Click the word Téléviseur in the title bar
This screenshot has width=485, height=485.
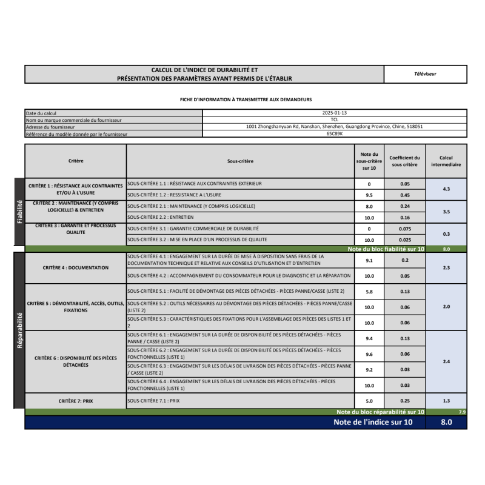coord(425,74)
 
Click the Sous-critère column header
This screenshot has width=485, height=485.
coord(240,161)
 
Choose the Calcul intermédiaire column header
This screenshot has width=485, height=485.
coord(446,161)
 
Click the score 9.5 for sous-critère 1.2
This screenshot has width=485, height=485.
coord(369,195)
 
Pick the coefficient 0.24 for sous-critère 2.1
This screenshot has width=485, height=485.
coord(405,206)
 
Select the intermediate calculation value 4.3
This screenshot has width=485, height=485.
coord(446,189)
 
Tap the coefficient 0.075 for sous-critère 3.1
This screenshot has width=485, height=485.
coord(405,229)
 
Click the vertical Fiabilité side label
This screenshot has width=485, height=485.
coord(19,212)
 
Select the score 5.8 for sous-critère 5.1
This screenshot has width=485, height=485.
coord(369,292)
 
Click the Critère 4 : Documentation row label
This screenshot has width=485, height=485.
coord(76,267)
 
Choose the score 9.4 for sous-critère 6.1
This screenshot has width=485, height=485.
coord(369,339)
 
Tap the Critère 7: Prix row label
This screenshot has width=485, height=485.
coord(76,401)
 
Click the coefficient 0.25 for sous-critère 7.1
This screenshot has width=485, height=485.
coord(405,401)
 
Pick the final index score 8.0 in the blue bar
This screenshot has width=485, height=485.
coord(446,423)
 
